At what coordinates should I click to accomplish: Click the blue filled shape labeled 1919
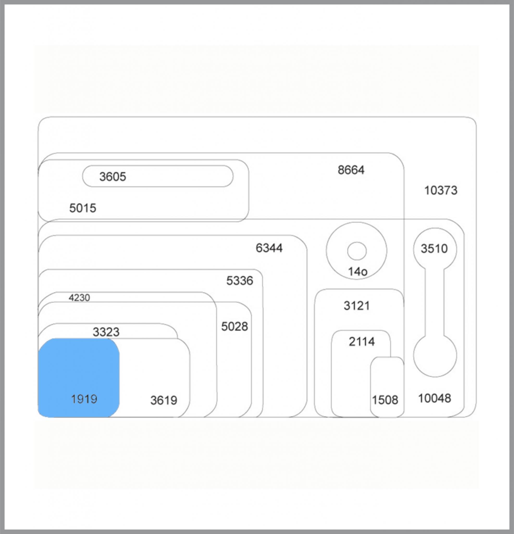(x=79, y=378)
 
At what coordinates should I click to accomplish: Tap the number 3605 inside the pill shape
(x=113, y=177)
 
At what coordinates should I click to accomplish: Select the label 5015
(x=83, y=208)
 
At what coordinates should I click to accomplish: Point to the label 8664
(x=351, y=170)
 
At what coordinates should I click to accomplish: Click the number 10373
(x=441, y=190)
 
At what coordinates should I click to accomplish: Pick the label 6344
(x=269, y=248)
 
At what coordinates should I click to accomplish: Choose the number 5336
(x=240, y=281)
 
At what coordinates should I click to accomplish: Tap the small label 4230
(x=79, y=298)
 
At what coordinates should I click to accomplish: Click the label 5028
(x=234, y=326)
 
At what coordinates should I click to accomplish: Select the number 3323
(x=106, y=332)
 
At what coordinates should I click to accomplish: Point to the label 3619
(x=164, y=400)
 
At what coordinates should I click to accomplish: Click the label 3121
(x=357, y=306)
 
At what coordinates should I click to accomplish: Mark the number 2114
(x=362, y=341)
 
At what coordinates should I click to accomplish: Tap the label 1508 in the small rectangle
(x=385, y=400)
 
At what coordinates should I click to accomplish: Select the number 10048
(x=435, y=398)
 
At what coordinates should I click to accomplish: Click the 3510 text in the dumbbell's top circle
(x=434, y=248)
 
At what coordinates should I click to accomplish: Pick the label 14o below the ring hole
(x=358, y=272)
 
